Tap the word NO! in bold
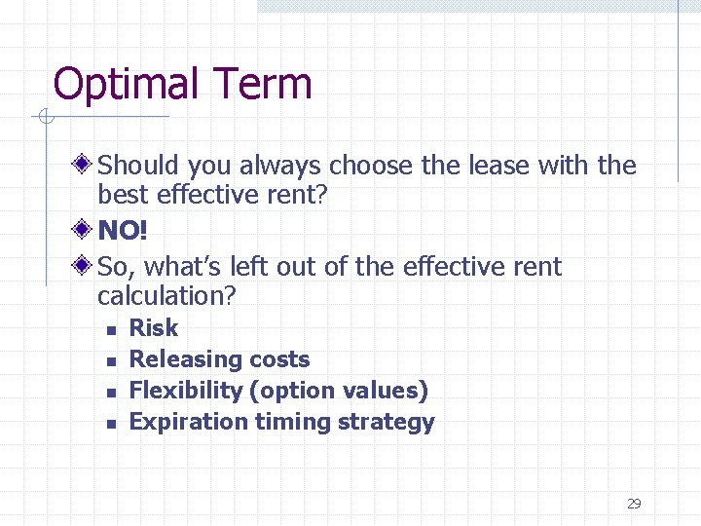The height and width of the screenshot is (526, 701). tap(123, 230)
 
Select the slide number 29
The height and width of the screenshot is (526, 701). tap(634, 504)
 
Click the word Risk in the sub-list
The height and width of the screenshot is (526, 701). tap(154, 328)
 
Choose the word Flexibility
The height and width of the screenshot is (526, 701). tap(186, 392)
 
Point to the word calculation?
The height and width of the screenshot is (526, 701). tap(167, 295)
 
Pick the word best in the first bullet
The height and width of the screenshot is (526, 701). tap(121, 195)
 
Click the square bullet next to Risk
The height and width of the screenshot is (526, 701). tap(112, 330)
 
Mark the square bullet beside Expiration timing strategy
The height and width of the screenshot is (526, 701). tap(112, 424)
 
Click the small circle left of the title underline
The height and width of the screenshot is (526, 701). tap(45, 119)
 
